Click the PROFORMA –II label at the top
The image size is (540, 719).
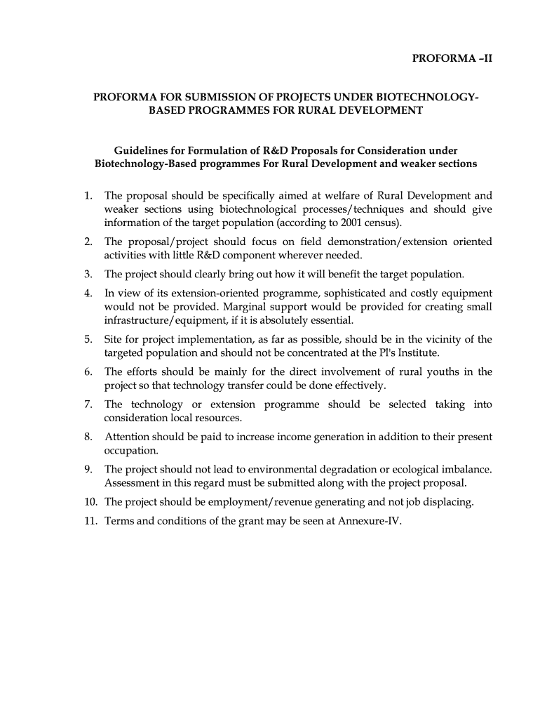pyautogui.click(x=452, y=59)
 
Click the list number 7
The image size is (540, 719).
pyautogui.click(x=88, y=404)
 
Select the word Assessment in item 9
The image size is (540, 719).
pyautogui.click(x=132, y=482)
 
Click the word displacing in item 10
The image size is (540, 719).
pyautogui.click(x=450, y=501)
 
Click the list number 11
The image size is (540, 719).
pyautogui.click(x=90, y=520)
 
